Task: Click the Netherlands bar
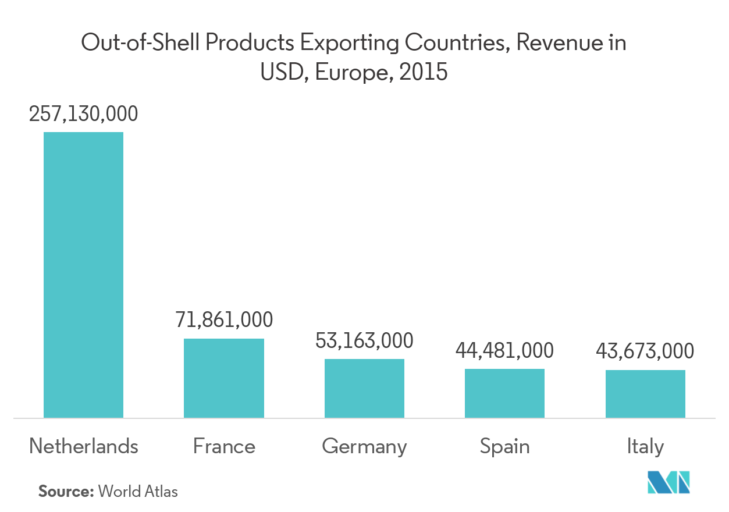84,275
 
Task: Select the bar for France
224,378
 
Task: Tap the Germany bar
364,388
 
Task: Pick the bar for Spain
504,393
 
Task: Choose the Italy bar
645,394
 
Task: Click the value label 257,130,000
84,114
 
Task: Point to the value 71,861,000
224,321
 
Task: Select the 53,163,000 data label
364,341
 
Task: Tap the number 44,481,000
504,351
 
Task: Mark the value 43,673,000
645,351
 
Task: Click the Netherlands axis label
84,447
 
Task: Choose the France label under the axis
224,447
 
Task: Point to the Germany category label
364,447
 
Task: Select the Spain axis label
504,447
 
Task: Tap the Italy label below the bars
645,447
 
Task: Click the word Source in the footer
66,491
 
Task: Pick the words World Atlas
138,491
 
